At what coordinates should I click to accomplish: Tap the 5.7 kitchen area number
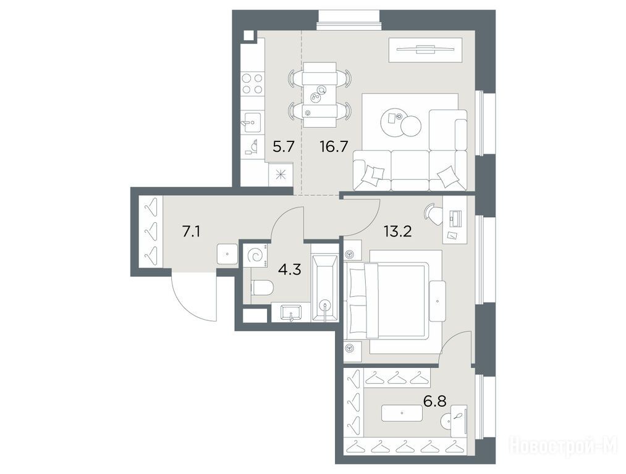(x=284, y=147)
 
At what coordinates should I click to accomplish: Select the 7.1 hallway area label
(x=191, y=231)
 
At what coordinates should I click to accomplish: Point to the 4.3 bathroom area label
(x=289, y=270)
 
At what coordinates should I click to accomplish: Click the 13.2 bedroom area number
(x=397, y=231)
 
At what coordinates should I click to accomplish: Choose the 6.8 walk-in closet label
(x=435, y=401)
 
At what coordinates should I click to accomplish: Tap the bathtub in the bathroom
(x=325, y=288)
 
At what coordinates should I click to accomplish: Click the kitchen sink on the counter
(x=252, y=120)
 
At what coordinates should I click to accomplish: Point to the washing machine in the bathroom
(x=256, y=256)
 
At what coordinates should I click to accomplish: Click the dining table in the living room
(x=319, y=95)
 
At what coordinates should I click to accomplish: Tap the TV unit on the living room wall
(x=426, y=50)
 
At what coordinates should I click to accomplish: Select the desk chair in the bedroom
(x=432, y=211)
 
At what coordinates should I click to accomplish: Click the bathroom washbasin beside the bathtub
(x=290, y=312)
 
